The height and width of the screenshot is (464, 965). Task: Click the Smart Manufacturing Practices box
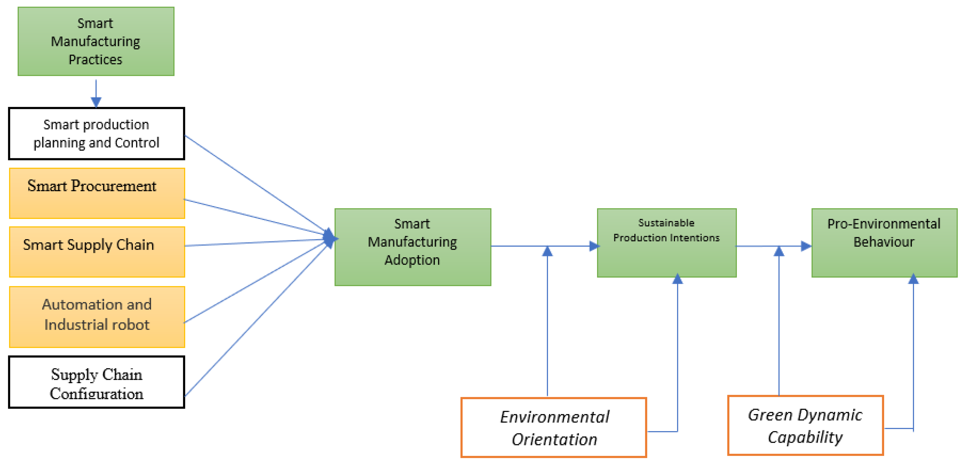pyautogui.click(x=96, y=41)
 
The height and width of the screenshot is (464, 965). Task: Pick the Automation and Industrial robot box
pyautogui.click(x=97, y=317)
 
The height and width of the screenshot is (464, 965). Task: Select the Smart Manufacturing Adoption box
pyautogui.click(x=412, y=247)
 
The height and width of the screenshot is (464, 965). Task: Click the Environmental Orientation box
pyautogui.click(x=554, y=427)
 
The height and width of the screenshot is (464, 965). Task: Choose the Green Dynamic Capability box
pyautogui.click(x=806, y=425)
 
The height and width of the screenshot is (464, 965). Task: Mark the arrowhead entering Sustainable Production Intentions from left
pyautogui.click(x=594, y=246)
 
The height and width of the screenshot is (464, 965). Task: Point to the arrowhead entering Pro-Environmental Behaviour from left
pyautogui.click(x=806, y=246)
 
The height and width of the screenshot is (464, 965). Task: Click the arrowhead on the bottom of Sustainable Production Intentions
pyautogui.click(x=677, y=279)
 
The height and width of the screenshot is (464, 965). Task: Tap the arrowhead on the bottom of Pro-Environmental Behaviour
pyautogui.click(x=913, y=279)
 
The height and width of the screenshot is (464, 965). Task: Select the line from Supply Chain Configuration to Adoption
pyautogui.click(x=255, y=322)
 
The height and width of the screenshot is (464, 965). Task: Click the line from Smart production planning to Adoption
pyautogui.click(x=255, y=183)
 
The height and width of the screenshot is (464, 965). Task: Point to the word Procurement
pyautogui.click(x=113, y=186)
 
